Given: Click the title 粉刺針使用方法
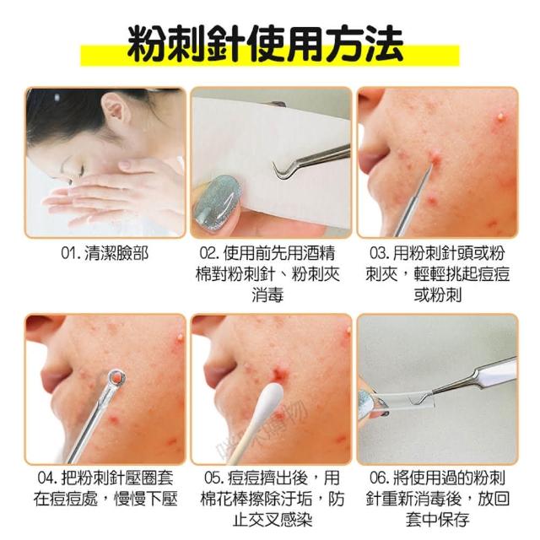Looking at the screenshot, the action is coord(265,44).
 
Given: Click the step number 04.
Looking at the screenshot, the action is coord(47,478).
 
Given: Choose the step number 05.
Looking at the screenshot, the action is coord(213,478).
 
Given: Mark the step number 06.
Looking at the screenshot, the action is coord(379,478).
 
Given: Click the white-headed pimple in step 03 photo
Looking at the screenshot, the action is coord(500,116).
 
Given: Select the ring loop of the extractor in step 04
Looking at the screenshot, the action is coord(116,379).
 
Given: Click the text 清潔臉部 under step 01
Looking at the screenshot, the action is coord(116,254).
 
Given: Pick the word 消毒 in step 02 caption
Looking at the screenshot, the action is coord(267,296).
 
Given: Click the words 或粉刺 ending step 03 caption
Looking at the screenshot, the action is coord(437,296).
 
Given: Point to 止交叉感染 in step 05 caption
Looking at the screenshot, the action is coord(273,520).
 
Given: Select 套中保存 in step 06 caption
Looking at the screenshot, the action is coord(437,520).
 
